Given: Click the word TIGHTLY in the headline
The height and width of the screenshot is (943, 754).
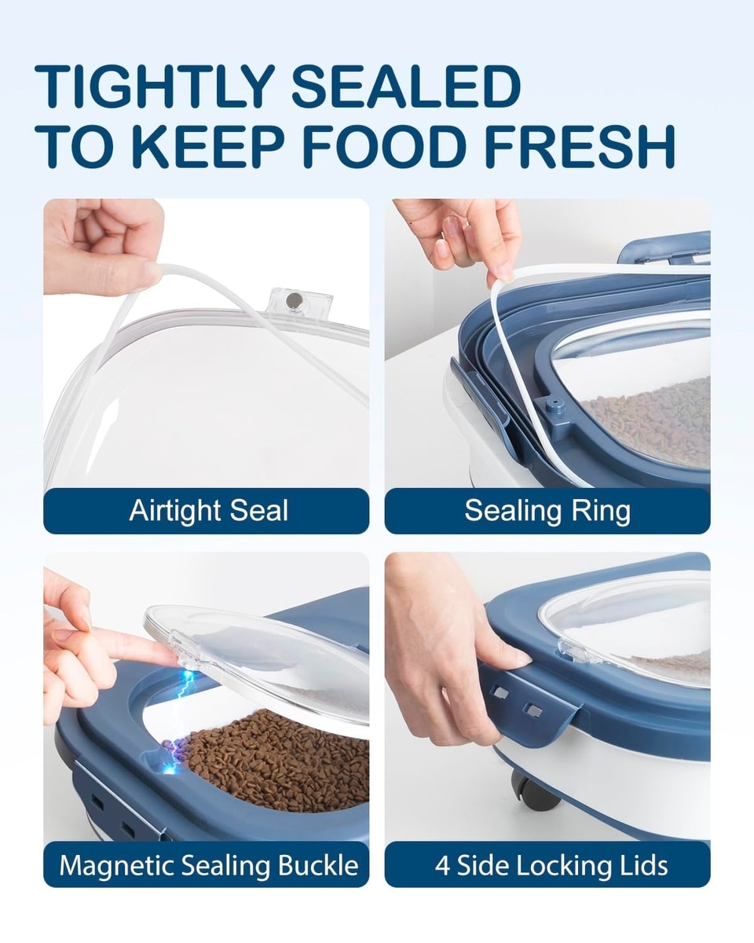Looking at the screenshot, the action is [x=155, y=86].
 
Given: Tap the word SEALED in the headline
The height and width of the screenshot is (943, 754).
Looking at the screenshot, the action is [x=407, y=86].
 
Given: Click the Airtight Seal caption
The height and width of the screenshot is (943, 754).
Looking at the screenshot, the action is [x=209, y=511].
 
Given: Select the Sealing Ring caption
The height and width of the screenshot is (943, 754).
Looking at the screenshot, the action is [x=547, y=511].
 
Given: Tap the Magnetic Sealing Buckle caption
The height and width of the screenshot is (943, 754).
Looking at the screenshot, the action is [x=209, y=865].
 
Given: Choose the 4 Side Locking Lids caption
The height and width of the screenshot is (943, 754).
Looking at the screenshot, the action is [x=551, y=865].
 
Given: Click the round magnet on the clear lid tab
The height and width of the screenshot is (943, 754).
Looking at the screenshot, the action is [x=291, y=299].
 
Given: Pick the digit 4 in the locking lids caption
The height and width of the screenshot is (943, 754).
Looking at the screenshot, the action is [x=444, y=865].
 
